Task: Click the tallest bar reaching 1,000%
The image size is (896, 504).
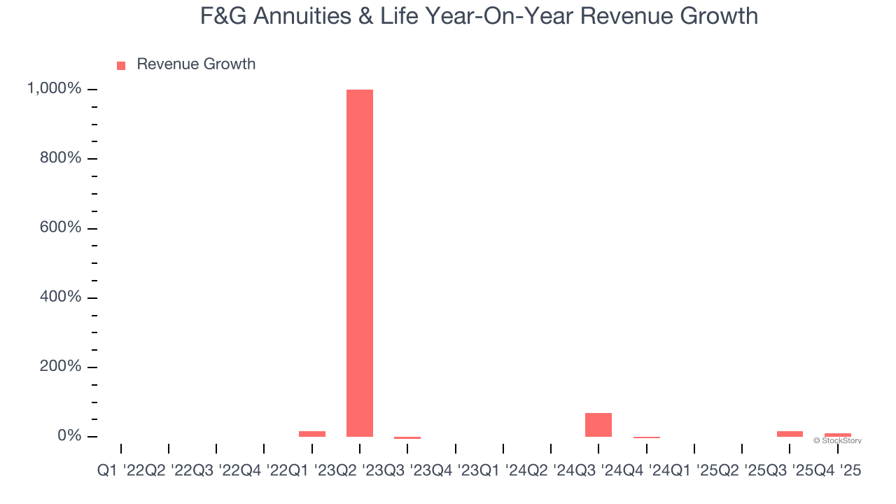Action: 360,262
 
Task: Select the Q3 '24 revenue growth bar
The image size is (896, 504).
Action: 598,425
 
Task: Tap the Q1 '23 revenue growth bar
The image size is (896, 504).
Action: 312,434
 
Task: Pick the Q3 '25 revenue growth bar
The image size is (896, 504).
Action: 790,434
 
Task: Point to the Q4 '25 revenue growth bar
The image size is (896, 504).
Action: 837,435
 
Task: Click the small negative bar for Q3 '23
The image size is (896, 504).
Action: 407,438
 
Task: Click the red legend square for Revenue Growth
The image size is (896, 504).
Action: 121,65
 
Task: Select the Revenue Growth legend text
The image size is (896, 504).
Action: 196,64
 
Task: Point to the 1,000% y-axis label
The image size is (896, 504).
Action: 54,89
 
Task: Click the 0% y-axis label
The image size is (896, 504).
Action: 69,436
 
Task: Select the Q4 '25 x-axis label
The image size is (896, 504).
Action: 837,471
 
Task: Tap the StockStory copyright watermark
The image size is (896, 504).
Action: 837,441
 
